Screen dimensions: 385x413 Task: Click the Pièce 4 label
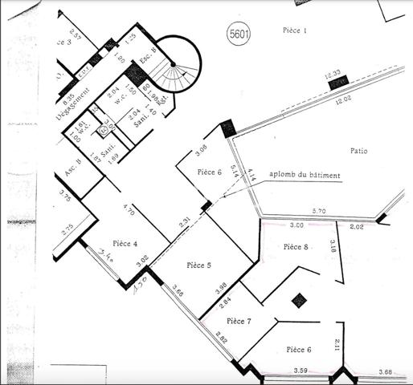[x=125, y=243]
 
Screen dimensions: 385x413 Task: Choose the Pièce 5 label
[x=198, y=264]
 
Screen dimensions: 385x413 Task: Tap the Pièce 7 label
[x=238, y=321]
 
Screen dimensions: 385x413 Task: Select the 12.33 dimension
[x=333, y=75]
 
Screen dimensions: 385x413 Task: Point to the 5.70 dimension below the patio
[x=318, y=211]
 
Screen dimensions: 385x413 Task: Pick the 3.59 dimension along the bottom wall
[x=301, y=370]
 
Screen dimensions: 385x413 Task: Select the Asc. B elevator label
[x=67, y=174]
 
